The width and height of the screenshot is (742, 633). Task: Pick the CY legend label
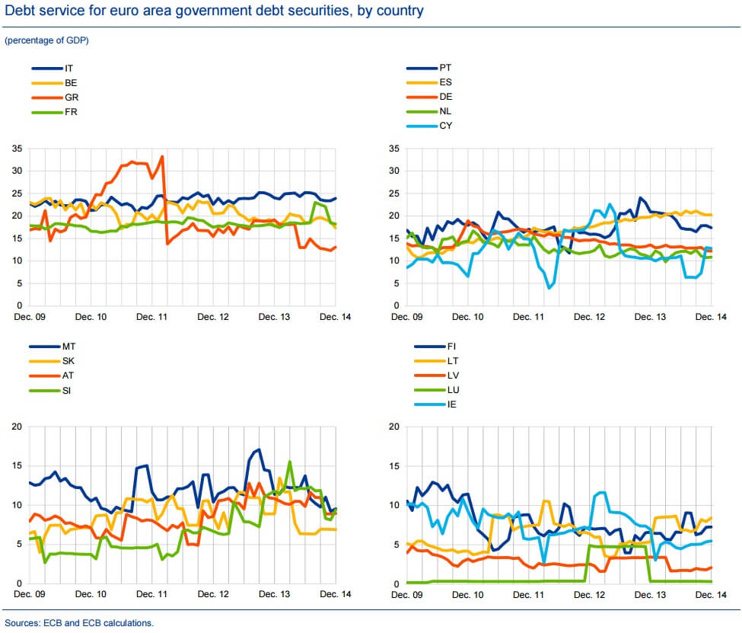[x=446, y=126]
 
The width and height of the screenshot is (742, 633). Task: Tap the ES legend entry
[x=445, y=82]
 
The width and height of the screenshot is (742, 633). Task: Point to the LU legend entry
[x=445, y=390]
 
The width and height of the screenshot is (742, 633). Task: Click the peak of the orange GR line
[x=161, y=157]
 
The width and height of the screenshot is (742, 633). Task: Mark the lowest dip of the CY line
[x=549, y=287]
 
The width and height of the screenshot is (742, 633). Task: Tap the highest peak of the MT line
[x=259, y=449]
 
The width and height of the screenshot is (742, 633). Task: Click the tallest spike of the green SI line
[x=289, y=462]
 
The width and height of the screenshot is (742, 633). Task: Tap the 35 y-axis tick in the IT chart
[x=17, y=148]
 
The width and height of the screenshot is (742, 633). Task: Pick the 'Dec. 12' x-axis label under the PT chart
[x=588, y=316]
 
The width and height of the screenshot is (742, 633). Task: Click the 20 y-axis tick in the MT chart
[x=17, y=426]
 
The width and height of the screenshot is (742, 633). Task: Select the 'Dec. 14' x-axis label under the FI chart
[x=709, y=594]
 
